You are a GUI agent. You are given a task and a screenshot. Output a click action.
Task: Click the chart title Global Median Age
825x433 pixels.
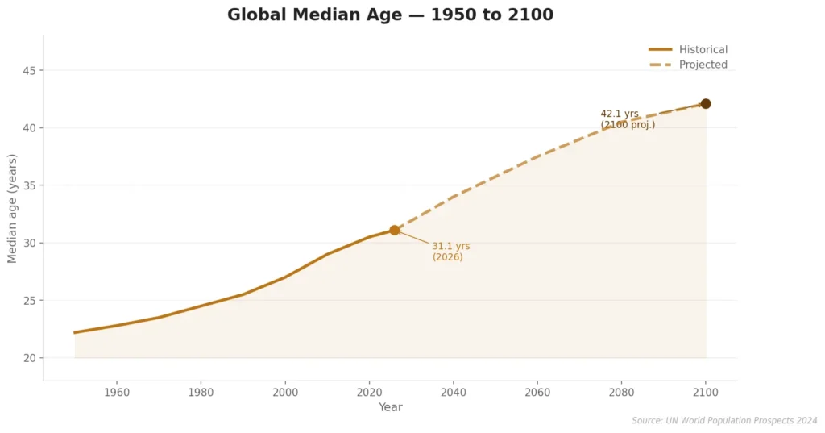click(x=390, y=15)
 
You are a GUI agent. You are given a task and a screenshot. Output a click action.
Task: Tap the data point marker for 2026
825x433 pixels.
click(x=395, y=230)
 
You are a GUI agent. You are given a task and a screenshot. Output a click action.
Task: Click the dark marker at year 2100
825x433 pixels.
click(x=706, y=104)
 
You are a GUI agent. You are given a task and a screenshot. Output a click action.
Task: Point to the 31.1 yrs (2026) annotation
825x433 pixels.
click(x=450, y=252)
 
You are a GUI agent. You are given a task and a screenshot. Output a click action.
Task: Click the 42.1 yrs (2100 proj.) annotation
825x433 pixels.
click(x=627, y=119)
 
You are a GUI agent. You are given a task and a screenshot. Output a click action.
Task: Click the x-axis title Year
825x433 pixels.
click(x=390, y=408)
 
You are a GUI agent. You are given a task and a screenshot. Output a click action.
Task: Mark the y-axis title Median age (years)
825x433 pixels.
click(x=12, y=208)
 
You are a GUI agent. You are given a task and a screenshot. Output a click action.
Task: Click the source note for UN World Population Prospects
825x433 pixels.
click(x=724, y=421)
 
